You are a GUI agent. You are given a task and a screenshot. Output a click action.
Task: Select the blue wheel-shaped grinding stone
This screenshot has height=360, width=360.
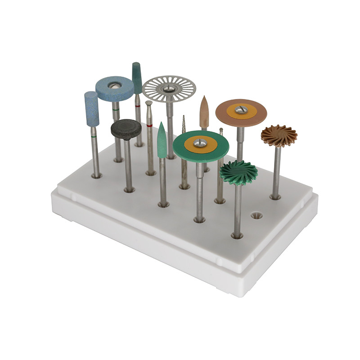114,88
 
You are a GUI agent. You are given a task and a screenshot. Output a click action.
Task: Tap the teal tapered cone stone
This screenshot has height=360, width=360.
137,78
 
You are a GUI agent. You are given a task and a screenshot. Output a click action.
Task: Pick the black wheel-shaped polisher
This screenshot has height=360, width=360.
126,129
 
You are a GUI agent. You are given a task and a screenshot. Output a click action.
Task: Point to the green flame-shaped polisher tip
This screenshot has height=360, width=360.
162,140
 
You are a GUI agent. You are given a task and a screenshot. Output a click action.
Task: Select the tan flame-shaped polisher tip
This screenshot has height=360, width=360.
204,111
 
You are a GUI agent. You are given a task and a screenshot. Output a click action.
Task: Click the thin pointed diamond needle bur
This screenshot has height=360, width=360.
184,130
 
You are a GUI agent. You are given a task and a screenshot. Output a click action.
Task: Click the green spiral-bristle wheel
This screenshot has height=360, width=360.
238,172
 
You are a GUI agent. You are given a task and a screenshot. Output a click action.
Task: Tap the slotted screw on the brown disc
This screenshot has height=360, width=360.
242,109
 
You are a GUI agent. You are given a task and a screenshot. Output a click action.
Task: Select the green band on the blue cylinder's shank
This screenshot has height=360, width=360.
93,135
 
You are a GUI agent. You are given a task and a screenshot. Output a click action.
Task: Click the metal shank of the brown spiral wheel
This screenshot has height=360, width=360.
275,171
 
